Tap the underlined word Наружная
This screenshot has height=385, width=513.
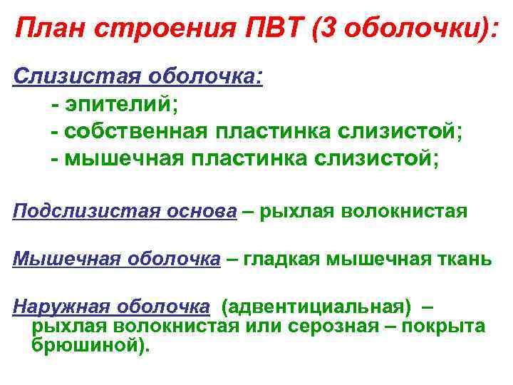(x=62, y=307)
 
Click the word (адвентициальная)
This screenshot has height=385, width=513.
(x=316, y=307)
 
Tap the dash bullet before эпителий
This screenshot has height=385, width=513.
(x=55, y=105)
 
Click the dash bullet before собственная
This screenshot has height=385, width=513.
(x=55, y=132)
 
